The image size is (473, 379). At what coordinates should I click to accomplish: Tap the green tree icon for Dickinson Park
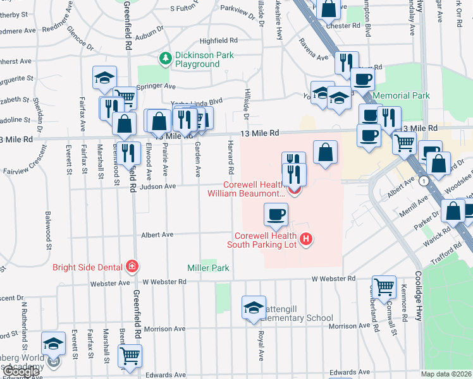point(166,59)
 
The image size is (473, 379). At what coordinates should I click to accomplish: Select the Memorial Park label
point(401,95)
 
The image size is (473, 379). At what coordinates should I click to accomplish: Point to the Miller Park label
point(208,268)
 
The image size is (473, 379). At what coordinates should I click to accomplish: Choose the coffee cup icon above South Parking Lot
point(275,215)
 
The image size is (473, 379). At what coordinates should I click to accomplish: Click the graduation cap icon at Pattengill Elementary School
point(254,307)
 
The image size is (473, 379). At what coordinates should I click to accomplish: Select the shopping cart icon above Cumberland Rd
point(384,287)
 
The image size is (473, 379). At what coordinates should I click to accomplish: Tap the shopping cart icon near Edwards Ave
point(130,356)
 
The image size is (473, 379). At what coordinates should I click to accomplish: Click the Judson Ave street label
point(161,186)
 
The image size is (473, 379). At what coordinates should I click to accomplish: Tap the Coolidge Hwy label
point(418,297)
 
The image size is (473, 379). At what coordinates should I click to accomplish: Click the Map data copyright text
point(446,374)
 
